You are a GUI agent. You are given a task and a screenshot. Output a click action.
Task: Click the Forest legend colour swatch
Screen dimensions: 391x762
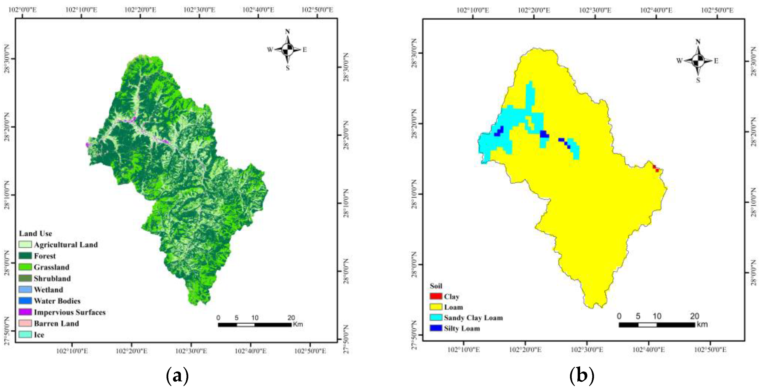[x=25, y=256]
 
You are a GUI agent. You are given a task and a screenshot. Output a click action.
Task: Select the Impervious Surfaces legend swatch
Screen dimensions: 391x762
[x=25, y=312]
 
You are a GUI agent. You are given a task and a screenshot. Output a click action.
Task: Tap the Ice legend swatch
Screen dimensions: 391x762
[x=25, y=334]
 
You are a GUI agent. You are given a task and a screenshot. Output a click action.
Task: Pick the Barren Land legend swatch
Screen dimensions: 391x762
[x=25, y=323]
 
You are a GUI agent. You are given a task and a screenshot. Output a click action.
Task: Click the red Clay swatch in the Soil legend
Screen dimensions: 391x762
[x=436, y=296]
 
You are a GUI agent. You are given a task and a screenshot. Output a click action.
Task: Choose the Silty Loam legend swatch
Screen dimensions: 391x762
[x=436, y=328]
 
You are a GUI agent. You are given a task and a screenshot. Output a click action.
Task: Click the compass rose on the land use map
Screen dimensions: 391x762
[x=287, y=49]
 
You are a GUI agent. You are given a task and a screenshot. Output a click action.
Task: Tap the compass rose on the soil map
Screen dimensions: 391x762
[x=698, y=61]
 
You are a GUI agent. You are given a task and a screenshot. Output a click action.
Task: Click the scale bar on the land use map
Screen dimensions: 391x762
[x=255, y=325]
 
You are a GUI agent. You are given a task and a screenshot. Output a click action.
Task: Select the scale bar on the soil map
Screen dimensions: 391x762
[x=657, y=325]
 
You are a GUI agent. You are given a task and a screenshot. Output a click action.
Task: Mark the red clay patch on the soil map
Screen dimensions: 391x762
[x=656, y=168]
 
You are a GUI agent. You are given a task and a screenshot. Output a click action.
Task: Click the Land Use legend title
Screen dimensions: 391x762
[x=36, y=234]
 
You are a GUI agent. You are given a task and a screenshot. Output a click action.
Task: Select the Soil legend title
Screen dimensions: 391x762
[x=436, y=286]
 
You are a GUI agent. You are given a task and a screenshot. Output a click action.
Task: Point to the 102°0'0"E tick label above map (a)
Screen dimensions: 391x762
[x=22, y=10]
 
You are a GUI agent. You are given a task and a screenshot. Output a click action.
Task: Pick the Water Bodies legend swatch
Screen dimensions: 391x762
[x=25, y=301]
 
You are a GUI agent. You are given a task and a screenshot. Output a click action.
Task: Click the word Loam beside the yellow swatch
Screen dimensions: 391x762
[x=453, y=307]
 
